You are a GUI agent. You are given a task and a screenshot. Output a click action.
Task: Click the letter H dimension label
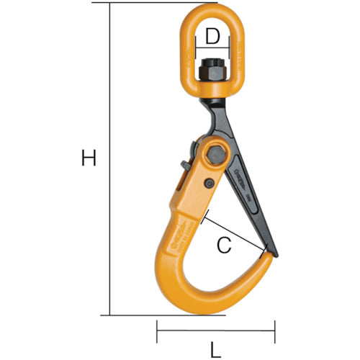coord(88,158)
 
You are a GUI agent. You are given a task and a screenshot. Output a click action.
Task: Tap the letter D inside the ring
coord(211,34)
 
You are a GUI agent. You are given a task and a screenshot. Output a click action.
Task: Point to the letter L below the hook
coord(216,351)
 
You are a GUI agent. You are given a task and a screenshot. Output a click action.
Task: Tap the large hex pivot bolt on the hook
coord(213,153)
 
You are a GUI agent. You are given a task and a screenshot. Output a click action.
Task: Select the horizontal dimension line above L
coord(216,332)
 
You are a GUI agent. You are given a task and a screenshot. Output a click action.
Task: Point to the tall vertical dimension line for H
coord(110,158)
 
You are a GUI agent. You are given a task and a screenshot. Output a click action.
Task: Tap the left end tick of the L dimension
coord(157,332)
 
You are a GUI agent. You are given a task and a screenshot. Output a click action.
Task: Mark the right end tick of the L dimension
coord(275,332)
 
